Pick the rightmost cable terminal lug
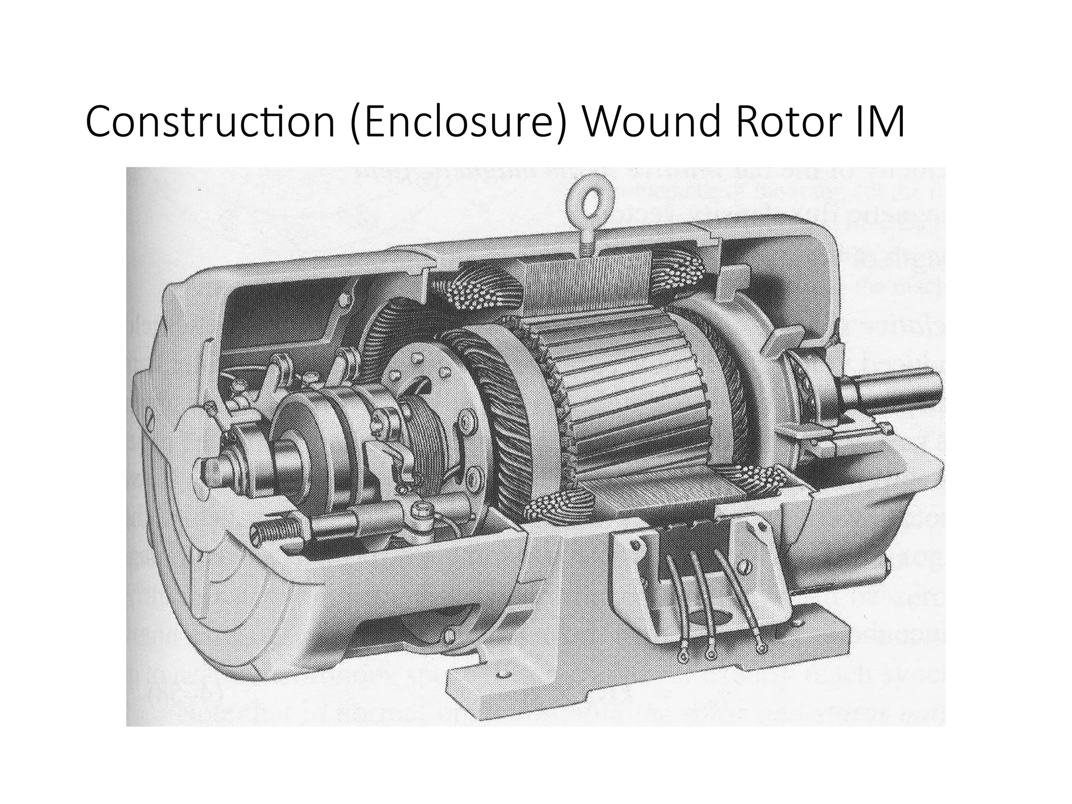(762, 648)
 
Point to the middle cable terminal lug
(710, 654)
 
